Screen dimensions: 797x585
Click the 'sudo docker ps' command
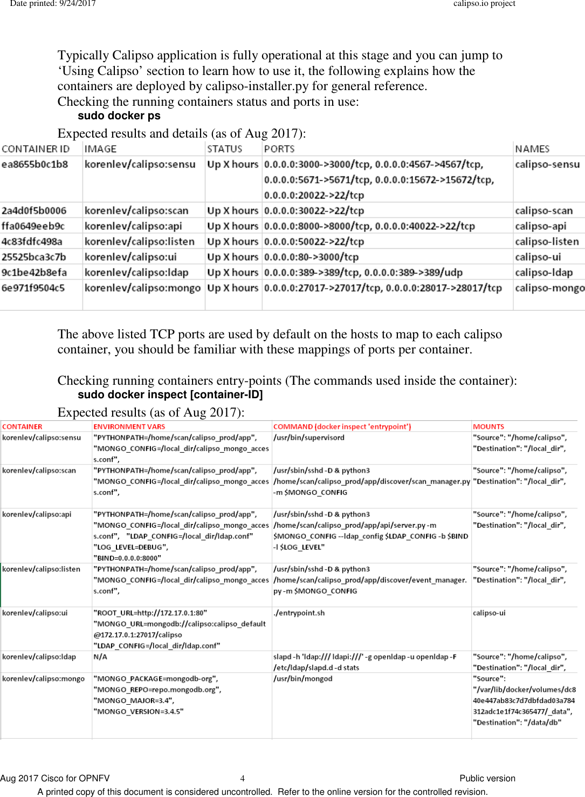coord(119,116)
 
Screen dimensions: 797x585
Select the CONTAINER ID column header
coord(36,149)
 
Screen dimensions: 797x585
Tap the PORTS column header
coord(279,149)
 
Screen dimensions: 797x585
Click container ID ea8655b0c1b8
coord(35,165)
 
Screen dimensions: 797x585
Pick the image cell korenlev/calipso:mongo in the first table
coord(142,288)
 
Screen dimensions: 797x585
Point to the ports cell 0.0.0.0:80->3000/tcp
coord(311,257)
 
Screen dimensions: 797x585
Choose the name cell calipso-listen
coord(547,242)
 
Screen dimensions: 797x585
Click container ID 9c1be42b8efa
coord(34,273)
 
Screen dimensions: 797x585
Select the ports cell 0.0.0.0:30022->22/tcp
coord(314,211)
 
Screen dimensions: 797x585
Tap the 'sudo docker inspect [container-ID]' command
coord(170,395)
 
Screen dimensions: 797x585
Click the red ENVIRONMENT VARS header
coord(129,427)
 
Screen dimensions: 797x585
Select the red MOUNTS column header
coord(488,427)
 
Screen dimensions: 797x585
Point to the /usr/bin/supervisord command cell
coord(308,438)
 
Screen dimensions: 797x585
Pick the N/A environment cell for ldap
coord(100,657)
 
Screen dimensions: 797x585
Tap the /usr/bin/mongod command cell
coord(302,679)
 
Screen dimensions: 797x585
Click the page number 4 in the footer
coord(242,778)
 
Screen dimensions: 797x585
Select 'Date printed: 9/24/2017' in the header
coord(53,4)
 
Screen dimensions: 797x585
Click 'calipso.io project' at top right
coord(484,4)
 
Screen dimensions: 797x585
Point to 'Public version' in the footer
coord(487,778)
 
